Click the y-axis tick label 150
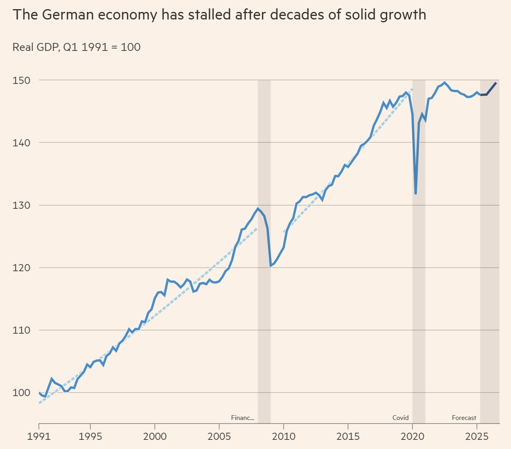pyautogui.click(x=21, y=80)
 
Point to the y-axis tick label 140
pyautogui.click(x=21, y=143)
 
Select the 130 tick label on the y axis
pyautogui.click(x=21, y=205)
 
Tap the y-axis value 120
pyautogui.click(x=21, y=268)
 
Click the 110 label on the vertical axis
pyautogui.click(x=21, y=330)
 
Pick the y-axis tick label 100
pyautogui.click(x=21, y=393)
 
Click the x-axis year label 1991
pyautogui.click(x=39, y=436)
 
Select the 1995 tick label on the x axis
pyautogui.click(x=90, y=436)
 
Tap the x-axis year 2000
pyautogui.click(x=155, y=436)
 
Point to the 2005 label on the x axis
pyautogui.click(x=219, y=436)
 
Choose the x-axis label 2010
pyautogui.click(x=284, y=436)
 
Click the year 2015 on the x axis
pyautogui.click(x=348, y=436)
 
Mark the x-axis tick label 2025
pyautogui.click(x=477, y=436)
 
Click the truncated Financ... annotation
pyautogui.click(x=242, y=418)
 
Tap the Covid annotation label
pyautogui.click(x=400, y=418)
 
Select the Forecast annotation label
pyautogui.click(x=464, y=418)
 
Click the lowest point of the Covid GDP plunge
pyautogui.click(x=415, y=194)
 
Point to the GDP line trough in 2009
pyautogui.click(x=270, y=266)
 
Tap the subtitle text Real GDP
pyautogui.click(x=36, y=47)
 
